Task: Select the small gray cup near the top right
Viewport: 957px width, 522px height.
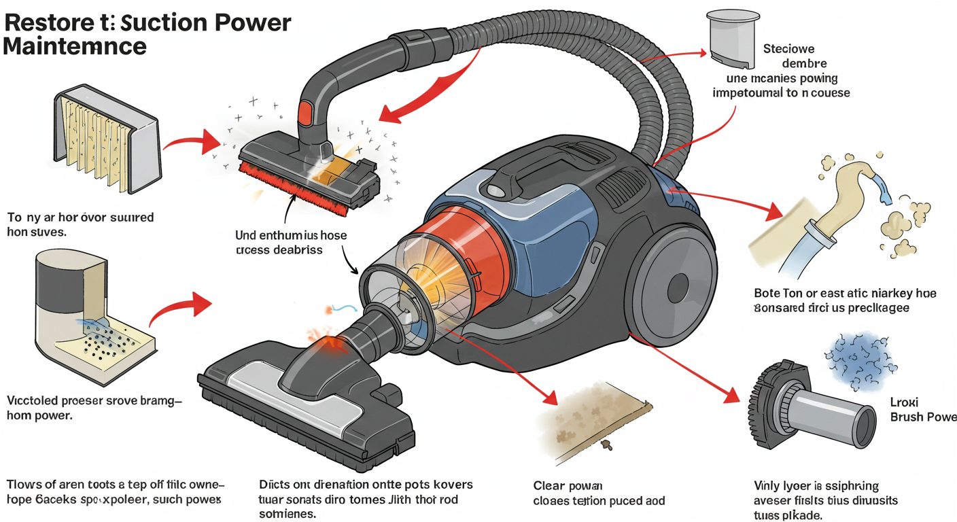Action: [x=732, y=41]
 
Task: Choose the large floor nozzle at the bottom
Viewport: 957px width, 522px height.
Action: [x=306, y=408]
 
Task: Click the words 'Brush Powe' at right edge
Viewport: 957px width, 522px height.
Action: [x=922, y=417]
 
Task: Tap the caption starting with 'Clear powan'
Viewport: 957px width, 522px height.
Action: [x=568, y=486]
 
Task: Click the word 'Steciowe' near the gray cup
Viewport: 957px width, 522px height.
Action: [x=788, y=49]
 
